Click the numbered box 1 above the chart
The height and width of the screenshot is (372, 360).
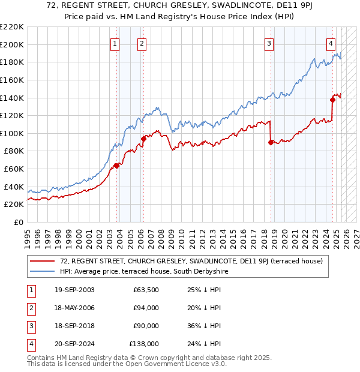115,43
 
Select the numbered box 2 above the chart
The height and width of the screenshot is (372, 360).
142,43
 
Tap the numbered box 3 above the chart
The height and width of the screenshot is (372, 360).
269,43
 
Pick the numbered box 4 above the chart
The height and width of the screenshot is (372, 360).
331,43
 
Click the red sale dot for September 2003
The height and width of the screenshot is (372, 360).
116,166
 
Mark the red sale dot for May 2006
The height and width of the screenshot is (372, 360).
143,139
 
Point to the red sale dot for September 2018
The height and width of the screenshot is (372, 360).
271,142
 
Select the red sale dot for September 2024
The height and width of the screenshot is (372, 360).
332,100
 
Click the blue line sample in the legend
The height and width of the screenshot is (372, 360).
42,271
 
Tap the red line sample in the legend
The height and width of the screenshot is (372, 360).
42,261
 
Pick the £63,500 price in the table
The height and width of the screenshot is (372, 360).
146,290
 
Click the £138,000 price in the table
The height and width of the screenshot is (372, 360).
144,344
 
